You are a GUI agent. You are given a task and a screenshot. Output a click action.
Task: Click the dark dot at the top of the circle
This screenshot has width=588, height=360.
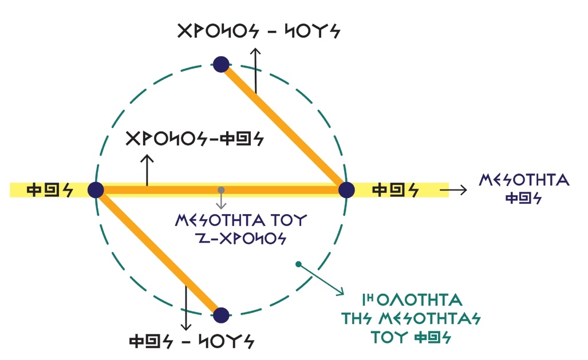tap(221, 64)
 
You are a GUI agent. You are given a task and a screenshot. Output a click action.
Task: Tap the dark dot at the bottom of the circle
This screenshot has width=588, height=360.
tap(221, 314)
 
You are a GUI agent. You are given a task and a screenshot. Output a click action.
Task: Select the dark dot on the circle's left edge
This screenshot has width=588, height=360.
tap(96, 189)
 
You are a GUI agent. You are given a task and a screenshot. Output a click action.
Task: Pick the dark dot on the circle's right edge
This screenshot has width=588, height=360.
tap(346, 189)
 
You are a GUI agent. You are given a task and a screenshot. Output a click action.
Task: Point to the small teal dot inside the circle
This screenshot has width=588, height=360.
tap(298, 264)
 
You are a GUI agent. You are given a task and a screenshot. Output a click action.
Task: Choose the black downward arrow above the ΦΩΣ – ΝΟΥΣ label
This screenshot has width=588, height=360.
tap(186, 307)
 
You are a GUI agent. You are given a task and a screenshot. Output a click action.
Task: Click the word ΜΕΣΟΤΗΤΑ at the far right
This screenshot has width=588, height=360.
tap(524, 181)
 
